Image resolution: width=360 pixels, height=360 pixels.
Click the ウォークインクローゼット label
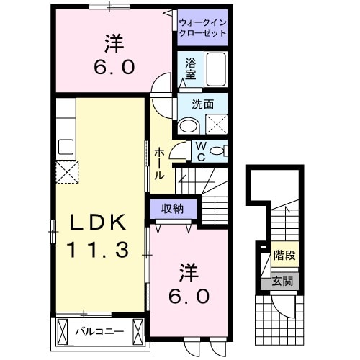(x=202, y=27)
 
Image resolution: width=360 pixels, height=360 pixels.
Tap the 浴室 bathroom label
(x=191, y=69)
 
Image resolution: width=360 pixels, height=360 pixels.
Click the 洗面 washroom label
(x=202, y=103)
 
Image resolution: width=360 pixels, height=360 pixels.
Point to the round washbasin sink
(x=188, y=126)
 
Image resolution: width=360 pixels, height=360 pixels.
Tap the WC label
(x=201, y=151)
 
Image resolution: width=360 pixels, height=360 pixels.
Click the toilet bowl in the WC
(x=220, y=150)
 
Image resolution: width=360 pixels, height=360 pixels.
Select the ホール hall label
(x=160, y=164)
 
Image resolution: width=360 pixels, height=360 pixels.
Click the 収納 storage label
(x=171, y=209)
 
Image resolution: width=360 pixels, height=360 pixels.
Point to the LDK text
(x=99, y=222)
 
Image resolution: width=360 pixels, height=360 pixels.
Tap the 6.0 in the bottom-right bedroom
(x=189, y=296)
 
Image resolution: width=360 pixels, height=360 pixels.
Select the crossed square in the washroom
(x=216, y=124)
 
